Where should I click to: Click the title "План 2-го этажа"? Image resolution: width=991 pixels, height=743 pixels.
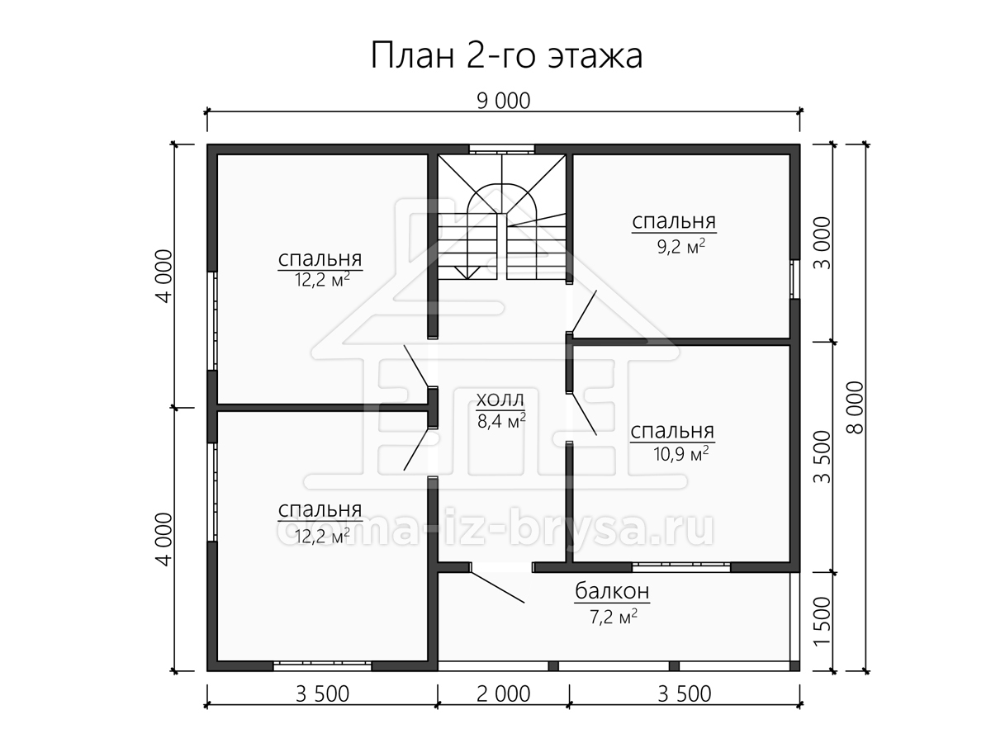506,55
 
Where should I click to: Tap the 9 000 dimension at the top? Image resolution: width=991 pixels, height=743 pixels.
504,101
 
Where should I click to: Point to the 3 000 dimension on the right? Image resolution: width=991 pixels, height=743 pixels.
823,243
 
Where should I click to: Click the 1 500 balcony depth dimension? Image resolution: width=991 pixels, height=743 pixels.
823,622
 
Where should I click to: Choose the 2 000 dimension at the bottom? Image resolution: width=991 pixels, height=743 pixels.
504,693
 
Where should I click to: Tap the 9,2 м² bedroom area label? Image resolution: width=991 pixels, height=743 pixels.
680,247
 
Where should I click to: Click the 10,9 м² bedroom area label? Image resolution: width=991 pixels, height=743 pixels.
680,454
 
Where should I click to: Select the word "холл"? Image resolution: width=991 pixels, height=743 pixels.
500,400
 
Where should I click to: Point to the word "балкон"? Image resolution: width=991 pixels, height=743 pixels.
612,590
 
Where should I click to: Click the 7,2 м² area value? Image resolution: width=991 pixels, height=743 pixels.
614,616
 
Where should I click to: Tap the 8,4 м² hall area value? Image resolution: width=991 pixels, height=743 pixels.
501,421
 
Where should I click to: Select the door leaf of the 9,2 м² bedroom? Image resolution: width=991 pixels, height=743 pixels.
584,311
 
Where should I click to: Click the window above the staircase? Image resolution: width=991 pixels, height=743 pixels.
501,149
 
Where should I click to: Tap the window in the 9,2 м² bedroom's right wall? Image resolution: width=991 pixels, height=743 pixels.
794,279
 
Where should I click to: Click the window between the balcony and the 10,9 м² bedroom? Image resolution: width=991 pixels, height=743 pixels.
680,567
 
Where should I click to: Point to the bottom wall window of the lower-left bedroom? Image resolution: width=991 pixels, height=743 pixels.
322,666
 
